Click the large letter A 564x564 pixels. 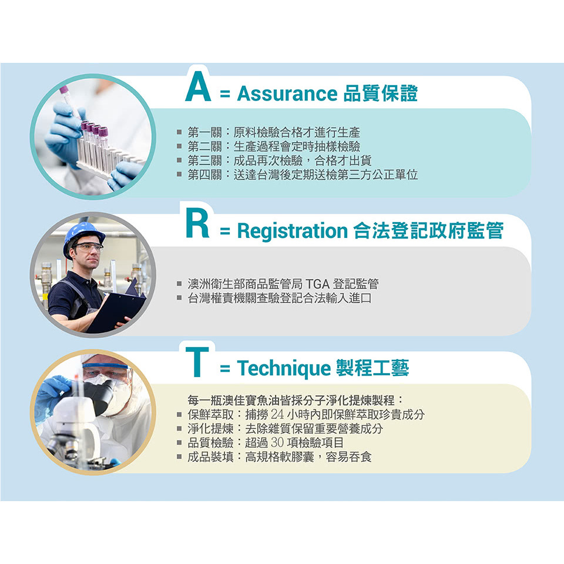(x=198, y=86)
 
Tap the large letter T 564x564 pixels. (x=197, y=361)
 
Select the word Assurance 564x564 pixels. (x=287, y=94)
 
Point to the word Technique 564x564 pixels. (x=284, y=368)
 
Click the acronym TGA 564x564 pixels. (x=317, y=284)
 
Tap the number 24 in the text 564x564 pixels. (x=277, y=414)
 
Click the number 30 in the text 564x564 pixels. (x=277, y=442)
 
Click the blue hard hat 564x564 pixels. (x=83, y=236)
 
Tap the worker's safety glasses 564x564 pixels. (x=89, y=247)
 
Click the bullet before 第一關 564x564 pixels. (x=179, y=132)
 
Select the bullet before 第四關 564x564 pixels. (x=179, y=175)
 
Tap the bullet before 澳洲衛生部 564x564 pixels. (x=179, y=284)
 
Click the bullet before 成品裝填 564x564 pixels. (x=179, y=457)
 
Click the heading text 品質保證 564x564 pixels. (x=381, y=93)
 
